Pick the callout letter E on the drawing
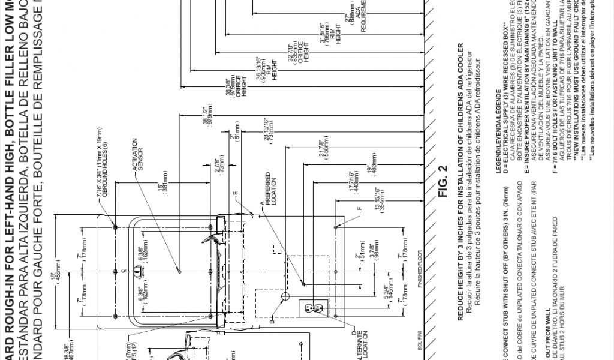point(236,193)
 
